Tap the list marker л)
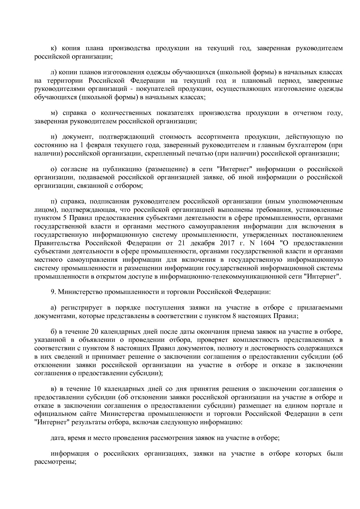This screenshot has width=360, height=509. (53, 72)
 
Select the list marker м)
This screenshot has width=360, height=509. (54, 113)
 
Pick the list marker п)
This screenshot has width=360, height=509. (53, 201)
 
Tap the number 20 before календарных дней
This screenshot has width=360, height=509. (95, 332)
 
